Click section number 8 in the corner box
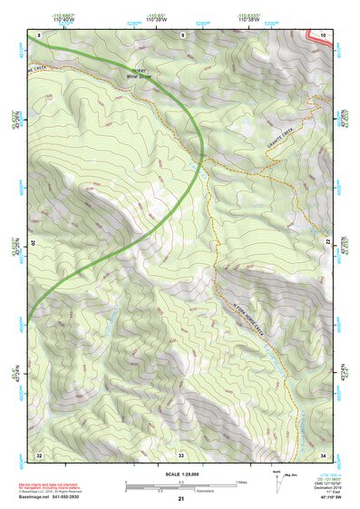tap(40, 34)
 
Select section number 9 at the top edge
tap(182, 34)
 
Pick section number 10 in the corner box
tap(323, 34)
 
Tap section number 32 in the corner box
tap(39, 454)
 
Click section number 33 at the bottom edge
tap(181, 454)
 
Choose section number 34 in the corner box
tap(323, 454)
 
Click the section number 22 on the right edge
tap(328, 242)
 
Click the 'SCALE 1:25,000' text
tap(181, 474)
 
